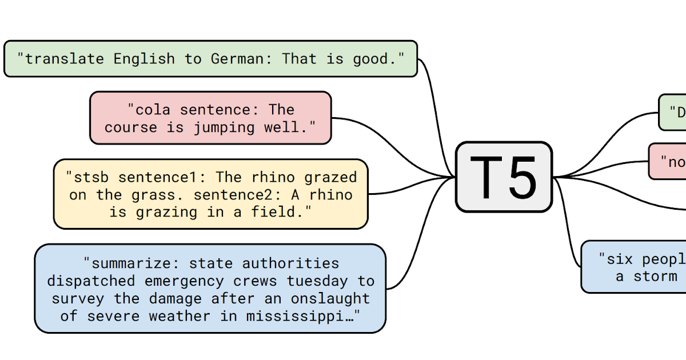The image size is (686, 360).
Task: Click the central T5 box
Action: point(504,177)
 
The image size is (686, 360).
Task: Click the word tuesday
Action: point(317,281)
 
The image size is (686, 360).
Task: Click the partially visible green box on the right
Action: point(673,112)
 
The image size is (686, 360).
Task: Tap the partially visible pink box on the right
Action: point(668,161)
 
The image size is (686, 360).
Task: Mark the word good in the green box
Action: point(371,58)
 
